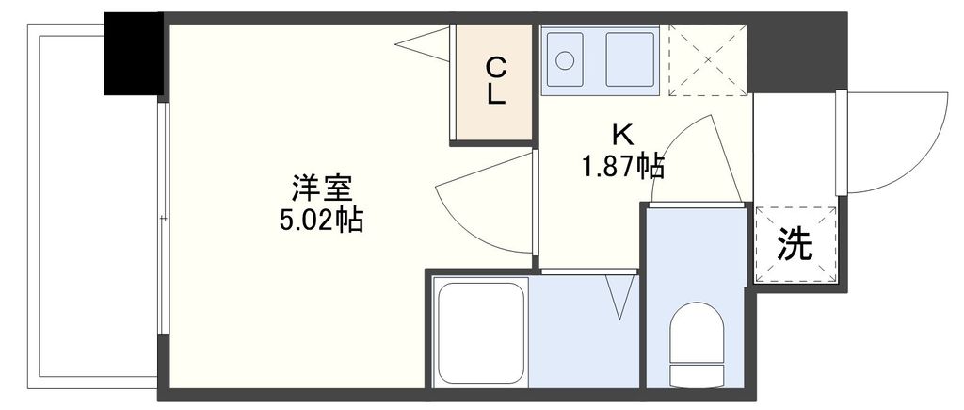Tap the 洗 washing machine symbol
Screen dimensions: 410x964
coord(795,245)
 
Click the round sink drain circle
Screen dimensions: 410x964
coord(565,60)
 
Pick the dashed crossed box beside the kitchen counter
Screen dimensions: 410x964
coord(705,59)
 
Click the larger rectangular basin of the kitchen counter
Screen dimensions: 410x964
coord(630,59)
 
